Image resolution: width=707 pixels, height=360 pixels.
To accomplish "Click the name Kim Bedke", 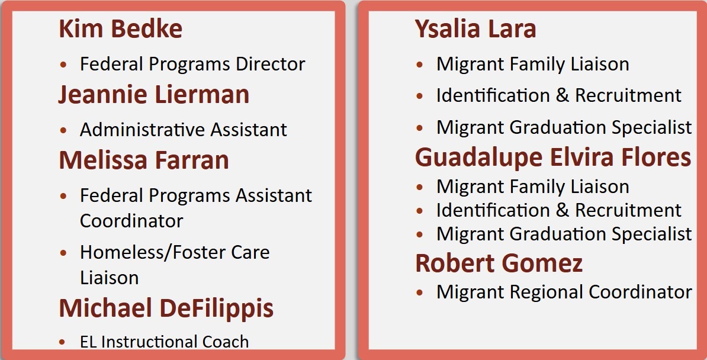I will coord(120,28).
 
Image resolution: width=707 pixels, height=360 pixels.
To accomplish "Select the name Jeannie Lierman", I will coord(154,95).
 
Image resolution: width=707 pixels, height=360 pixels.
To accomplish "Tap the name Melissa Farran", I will coord(144,160).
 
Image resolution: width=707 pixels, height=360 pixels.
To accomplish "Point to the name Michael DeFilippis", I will coord(166,308).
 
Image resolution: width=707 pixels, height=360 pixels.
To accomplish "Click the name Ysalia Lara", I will coord(475,28).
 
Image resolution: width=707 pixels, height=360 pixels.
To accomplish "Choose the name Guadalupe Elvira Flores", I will coord(553,157).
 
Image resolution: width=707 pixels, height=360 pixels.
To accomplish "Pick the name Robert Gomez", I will coord(499,263).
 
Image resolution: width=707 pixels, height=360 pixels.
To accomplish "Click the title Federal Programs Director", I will coord(192,64).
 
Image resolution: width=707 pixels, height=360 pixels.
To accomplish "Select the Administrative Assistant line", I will coord(184,130).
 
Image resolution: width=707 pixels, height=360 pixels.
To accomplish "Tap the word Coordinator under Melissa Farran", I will coord(131,221).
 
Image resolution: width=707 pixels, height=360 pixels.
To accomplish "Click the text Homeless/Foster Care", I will coord(175,252).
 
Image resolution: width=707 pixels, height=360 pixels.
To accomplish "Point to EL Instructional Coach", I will coord(164,342).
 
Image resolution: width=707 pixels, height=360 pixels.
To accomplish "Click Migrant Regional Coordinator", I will coord(564,292).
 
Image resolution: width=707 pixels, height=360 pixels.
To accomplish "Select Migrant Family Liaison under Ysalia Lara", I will coord(532,64).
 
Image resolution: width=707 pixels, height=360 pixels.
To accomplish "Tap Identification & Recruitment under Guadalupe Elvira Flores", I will coord(558,210).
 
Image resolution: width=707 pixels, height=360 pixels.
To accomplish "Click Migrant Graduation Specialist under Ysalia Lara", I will coord(564,127).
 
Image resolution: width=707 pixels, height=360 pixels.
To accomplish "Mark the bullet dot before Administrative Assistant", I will coord(63,130).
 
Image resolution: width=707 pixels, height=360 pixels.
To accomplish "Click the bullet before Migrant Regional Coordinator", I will coord(420,292).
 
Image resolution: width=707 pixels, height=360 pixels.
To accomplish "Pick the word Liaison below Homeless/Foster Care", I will coord(110,278).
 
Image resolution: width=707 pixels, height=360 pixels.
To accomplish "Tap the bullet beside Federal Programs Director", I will coord(63,65).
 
